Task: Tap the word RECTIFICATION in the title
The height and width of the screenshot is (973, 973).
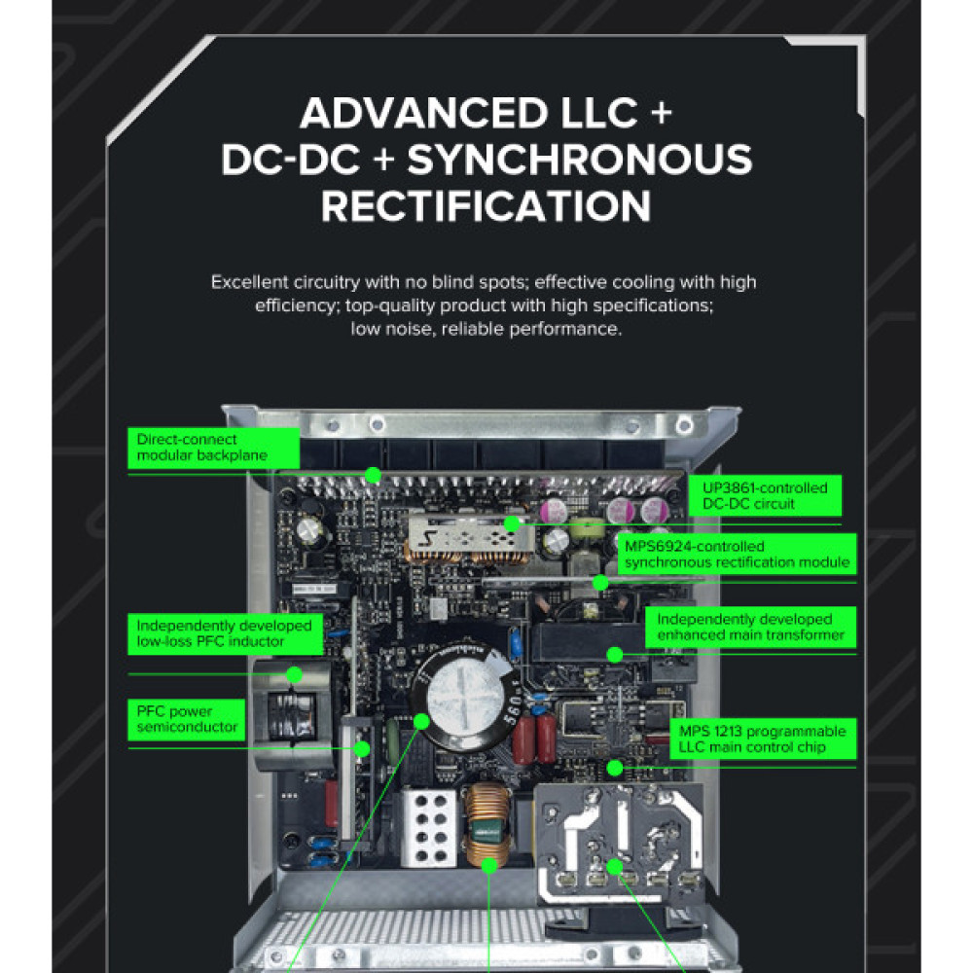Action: pos(486,206)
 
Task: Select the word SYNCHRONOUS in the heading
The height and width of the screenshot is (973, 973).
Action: pos(580,161)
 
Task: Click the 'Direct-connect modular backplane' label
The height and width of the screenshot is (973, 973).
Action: pos(201,448)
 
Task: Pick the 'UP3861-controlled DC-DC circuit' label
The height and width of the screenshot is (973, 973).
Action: pos(765,495)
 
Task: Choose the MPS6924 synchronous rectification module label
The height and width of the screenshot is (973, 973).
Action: pos(737,555)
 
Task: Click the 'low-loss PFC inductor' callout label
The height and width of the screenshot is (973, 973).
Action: pos(223,633)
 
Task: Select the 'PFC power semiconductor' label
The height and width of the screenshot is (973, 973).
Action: pos(188,719)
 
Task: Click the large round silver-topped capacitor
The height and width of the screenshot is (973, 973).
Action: pos(457,693)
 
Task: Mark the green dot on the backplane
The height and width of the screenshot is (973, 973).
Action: pos(372,474)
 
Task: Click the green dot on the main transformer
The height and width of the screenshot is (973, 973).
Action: pos(615,655)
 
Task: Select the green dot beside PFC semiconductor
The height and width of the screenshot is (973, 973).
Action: pos(362,748)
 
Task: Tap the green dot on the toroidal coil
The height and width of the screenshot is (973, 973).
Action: pos(490,863)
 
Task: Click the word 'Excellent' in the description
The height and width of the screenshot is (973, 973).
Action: pos(249,282)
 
